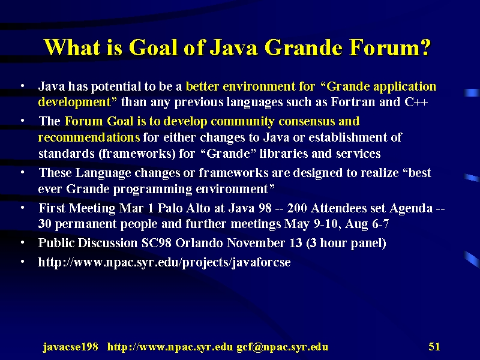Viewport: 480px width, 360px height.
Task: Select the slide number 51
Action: [434, 347]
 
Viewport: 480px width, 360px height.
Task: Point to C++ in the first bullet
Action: [416, 102]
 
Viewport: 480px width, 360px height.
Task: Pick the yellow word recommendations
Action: [89, 137]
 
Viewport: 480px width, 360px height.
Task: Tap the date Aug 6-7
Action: [367, 224]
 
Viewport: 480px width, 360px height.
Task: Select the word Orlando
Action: [199, 243]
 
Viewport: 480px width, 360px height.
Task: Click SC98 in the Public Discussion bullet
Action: [157, 243]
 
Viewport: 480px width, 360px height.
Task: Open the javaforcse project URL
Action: [164, 263]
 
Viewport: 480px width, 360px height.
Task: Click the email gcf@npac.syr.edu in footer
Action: [282, 347]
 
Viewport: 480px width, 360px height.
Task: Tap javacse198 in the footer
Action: [70, 347]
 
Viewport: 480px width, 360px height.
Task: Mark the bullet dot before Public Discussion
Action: [22, 243]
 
